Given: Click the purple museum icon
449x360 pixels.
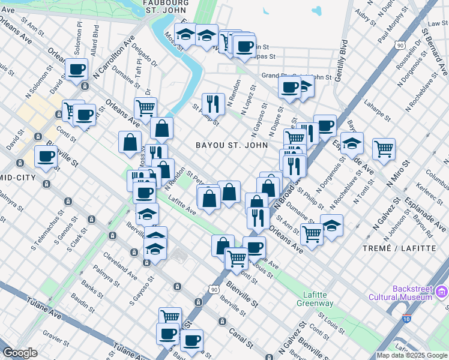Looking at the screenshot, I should pos(442,293).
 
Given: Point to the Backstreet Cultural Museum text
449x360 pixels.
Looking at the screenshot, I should pos(412,293).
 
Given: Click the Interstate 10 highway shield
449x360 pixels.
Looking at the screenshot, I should pos(407,319).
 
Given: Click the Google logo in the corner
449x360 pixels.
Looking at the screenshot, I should pos(20,353).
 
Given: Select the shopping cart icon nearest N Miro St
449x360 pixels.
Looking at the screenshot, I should pos(384,148).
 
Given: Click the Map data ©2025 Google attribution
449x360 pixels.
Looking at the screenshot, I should pos(412,355).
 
